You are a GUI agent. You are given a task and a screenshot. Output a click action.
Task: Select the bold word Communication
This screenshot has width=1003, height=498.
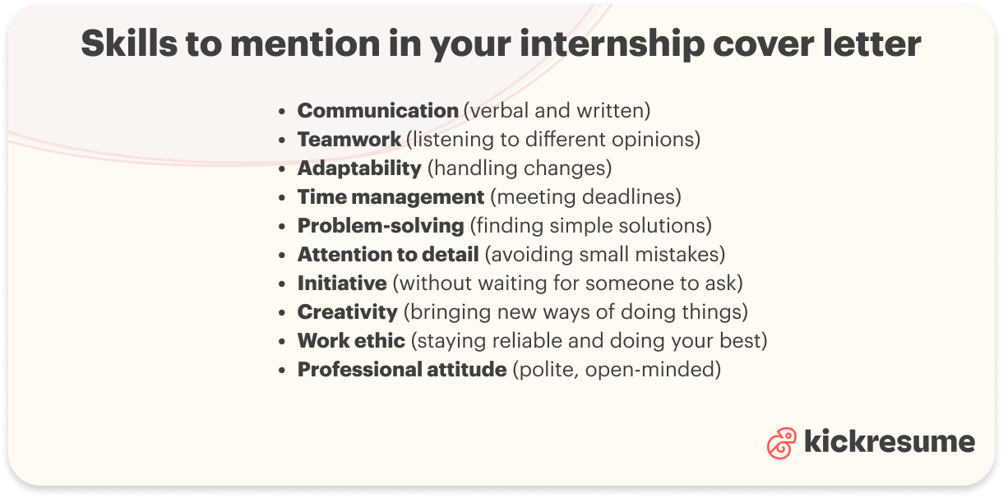coord(377,110)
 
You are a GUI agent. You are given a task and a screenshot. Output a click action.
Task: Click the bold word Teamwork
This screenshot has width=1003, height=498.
coord(349,139)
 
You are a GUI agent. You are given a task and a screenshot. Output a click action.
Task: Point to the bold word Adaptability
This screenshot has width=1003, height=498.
coord(359,168)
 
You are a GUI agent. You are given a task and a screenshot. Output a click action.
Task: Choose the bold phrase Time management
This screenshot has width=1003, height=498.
coord(391,197)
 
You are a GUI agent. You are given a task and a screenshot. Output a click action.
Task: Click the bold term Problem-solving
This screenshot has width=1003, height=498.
coord(381,225)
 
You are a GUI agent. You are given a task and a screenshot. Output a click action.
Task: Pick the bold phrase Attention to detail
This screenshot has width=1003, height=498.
coord(387,255)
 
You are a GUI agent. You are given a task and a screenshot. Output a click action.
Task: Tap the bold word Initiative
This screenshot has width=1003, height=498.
coord(342,284)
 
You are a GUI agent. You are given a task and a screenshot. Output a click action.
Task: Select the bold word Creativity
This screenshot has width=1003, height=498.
coord(347,312)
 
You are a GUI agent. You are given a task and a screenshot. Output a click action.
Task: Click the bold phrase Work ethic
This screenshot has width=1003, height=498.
coord(351,341)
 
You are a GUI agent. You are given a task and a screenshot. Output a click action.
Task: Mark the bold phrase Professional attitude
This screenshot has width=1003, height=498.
coord(401,370)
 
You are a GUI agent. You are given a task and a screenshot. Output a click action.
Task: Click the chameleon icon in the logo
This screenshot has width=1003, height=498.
coord(781,443)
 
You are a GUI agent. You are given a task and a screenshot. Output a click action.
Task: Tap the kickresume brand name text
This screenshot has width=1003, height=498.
coord(889,442)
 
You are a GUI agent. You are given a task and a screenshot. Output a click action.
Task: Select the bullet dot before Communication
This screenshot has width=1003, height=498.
coord(283,111)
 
